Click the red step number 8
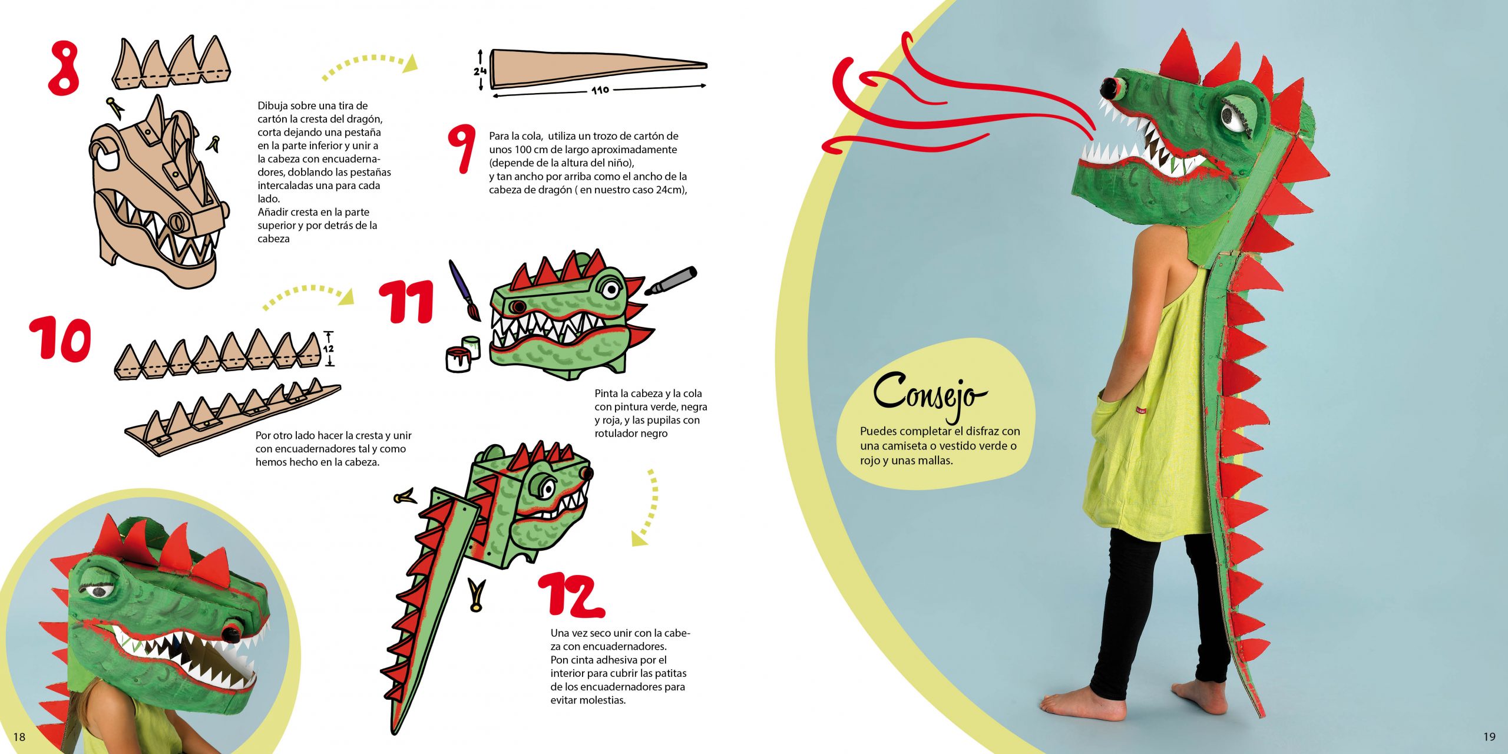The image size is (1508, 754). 64,68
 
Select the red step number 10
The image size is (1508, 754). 61,338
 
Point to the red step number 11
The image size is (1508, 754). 406,301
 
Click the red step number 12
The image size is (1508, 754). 571,595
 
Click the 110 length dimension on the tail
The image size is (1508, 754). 600,90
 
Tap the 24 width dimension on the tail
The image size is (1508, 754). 479,71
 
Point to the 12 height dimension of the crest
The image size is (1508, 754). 328,349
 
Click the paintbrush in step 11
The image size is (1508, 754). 464,290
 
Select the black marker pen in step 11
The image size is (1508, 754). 670,281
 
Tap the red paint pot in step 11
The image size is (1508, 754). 458,359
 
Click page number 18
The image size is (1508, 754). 19,737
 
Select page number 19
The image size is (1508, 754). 1489,736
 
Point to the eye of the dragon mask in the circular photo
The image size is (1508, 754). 98,591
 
